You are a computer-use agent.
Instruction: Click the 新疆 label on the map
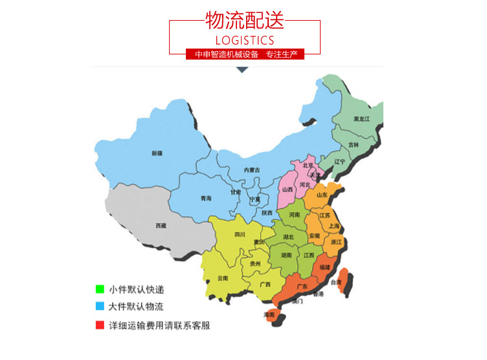[x=157, y=153]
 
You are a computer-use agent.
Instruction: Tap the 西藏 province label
[x=161, y=225]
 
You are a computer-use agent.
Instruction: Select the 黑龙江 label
[x=361, y=119]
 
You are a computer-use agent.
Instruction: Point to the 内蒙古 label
[x=251, y=170]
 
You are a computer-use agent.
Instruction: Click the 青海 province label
[x=206, y=198]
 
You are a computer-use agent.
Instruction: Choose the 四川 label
[x=240, y=234]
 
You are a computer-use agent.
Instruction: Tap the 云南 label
[x=223, y=278]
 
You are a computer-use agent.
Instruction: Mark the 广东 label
[x=301, y=286]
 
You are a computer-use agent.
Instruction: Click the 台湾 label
[x=335, y=282]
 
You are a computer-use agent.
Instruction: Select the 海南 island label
[x=269, y=315]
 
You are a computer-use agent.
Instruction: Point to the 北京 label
[x=308, y=165]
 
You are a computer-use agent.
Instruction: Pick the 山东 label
[x=322, y=195]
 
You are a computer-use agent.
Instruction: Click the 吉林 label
[x=353, y=144]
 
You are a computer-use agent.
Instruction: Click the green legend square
[x=99, y=289]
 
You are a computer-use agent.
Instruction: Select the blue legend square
[x=99, y=306]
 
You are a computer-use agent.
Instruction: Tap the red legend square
[x=99, y=325]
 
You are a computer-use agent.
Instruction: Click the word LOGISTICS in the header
[x=244, y=40]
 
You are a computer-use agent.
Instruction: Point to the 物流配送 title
[x=244, y=21]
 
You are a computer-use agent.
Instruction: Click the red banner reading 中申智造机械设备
[x=245, y=54]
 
